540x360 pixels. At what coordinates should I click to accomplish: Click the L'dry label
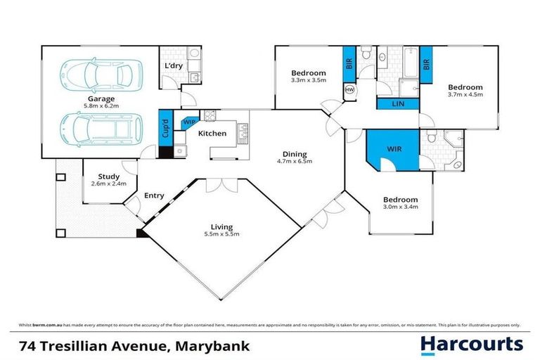pyautogui.click(x=173, y=67)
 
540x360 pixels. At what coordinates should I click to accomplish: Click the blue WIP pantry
pyautogui.click(x=188, y=122)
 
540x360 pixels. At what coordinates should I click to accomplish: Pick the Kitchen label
pyautogui.click(x=212, y=134)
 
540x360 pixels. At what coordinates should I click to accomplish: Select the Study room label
pyautogui.click(x=108, y=176)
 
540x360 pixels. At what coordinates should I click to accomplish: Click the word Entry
pyautogui.click(x=154, y=196)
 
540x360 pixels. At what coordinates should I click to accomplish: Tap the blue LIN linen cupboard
pyautogui.click(x=399, y=104)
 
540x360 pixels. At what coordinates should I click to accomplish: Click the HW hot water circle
pyautogui.click(x=350, y=90)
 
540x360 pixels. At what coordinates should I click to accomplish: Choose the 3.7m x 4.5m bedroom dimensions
pyautogui.click(x=465, y=95)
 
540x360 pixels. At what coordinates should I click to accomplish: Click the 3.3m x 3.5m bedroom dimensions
pyautogui.click(x=308, y=81)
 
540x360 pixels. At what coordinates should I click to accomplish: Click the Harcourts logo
pyautogui.click(x=472, y=344)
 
